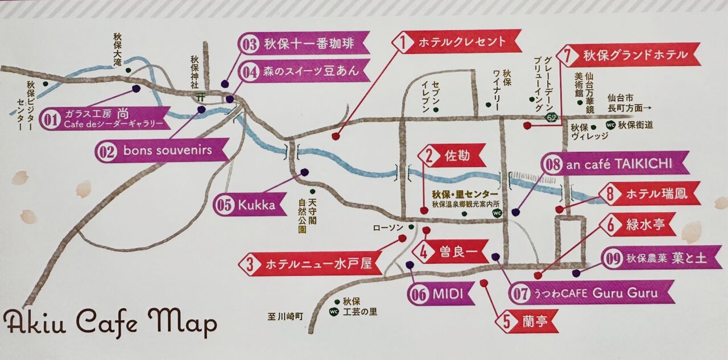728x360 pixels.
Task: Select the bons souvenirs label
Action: tap(162, 151)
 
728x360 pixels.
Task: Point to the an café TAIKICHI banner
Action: tap(614, 164)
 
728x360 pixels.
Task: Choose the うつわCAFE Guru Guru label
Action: tap(591, 292)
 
